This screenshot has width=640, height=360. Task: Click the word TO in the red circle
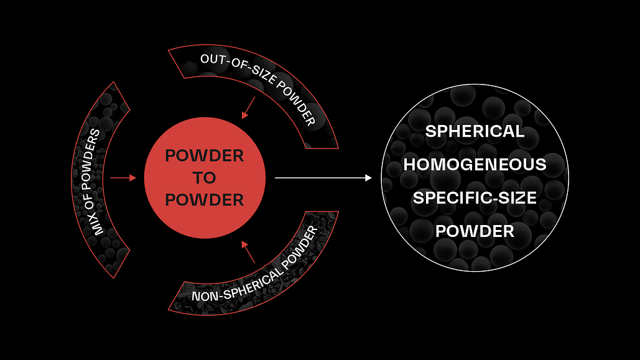205,178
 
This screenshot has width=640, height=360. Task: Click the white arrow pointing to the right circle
323,178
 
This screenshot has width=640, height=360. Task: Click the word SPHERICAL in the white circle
475,132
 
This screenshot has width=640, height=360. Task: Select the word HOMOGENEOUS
475,165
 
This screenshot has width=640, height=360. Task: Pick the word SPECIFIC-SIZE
475,198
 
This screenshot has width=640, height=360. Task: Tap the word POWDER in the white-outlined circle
475,231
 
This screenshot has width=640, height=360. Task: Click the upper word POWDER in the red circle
205,155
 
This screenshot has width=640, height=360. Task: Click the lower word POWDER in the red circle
205,200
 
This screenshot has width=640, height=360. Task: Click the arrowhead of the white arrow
368,178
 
